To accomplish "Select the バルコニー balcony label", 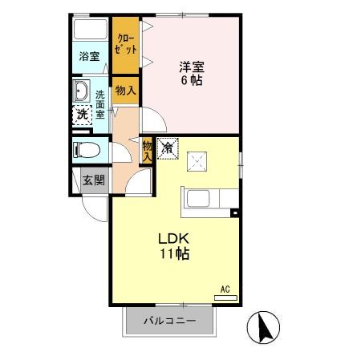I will tap(170, 322).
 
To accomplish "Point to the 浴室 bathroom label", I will tap(89, 56).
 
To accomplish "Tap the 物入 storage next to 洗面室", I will tap(126, 91).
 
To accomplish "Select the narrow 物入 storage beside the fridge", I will tap(148, 150).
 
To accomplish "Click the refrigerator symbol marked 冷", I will tap(167, 148).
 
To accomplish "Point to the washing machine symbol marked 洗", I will tap(82, 115).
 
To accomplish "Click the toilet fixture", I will tap(86, 150).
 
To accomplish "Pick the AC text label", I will tap(225, 289).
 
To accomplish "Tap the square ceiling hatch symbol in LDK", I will tap(196, 162).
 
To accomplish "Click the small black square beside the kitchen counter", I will tap(234, 212).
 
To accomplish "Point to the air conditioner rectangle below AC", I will tap(225, 297).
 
